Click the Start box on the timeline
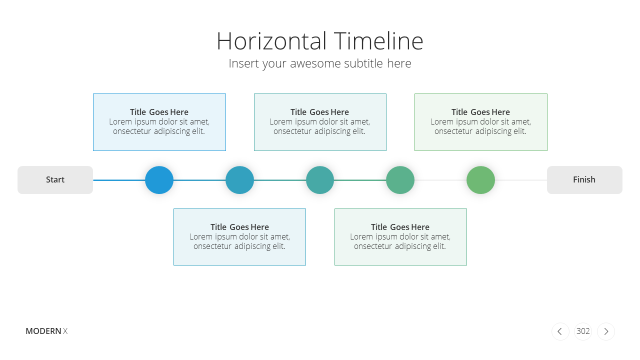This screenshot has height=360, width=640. point(55,180)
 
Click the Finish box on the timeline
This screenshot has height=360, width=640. point(584,180)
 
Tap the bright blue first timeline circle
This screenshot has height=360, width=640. point(159,180)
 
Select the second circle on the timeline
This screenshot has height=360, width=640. point(239,180)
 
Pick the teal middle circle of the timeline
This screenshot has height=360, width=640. point(320,180)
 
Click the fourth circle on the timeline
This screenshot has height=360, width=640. point(400,180)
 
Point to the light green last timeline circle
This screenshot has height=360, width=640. point(480,180)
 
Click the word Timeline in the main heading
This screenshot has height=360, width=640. point(378,41)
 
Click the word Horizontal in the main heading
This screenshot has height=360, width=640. point(271,41)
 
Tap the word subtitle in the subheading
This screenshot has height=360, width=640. point(363,63)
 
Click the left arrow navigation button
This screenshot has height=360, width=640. point(560,331)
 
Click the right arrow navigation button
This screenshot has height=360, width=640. point(606,331)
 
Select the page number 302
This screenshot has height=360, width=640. point(583,331)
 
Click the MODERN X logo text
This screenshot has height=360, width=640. point(46,331)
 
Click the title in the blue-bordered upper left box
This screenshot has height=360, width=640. point(159,112)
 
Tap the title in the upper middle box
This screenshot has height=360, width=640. point(319,112)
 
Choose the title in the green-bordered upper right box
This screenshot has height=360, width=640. point(480,112)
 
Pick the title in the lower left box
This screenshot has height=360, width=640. point(239,227)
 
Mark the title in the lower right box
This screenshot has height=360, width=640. point(400,227)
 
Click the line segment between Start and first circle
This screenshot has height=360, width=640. point(119,180)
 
